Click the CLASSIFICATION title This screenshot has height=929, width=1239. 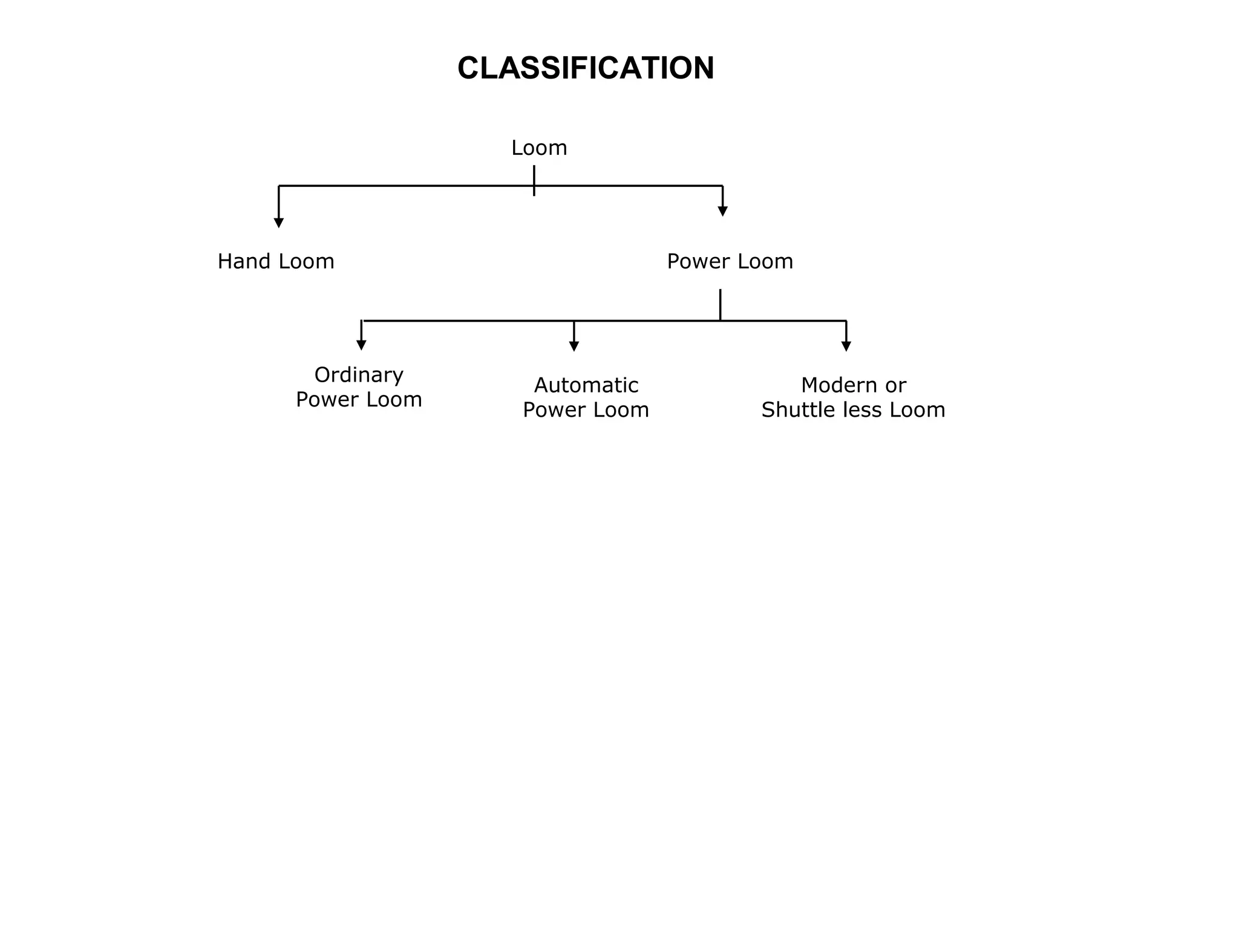pyautogui.click(x=586, y=68)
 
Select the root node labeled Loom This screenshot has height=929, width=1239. pyautogui.click(x=539, y=148)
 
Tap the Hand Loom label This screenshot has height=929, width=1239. pyautogui.click(x=276, y=261)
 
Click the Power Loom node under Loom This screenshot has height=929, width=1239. pyautogui.click(x=730, y=261)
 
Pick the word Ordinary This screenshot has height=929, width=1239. pyautogui.click(x=359, y=375)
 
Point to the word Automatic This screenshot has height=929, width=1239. pyautogui.click(x=586, y=385)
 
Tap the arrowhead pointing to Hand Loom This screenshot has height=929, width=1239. pyautogui.click(x=279, y=223)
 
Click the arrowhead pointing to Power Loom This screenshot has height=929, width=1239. pyautogui.click(x=722, y=211)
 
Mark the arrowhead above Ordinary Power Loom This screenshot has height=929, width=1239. pyautogui.click(x=361, y=345)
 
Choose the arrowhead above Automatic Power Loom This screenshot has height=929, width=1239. pyautogui.click(x=574, y=346)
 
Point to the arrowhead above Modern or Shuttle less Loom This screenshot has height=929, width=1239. pyautogui.click(x=846, y=346)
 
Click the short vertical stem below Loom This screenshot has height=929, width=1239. pyautogui.click(x=534, y=180)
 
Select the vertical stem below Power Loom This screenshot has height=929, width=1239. pyautogui.click(x=721, y=304)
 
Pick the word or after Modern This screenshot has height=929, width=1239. pyautogui.click(x=896, y=385)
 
